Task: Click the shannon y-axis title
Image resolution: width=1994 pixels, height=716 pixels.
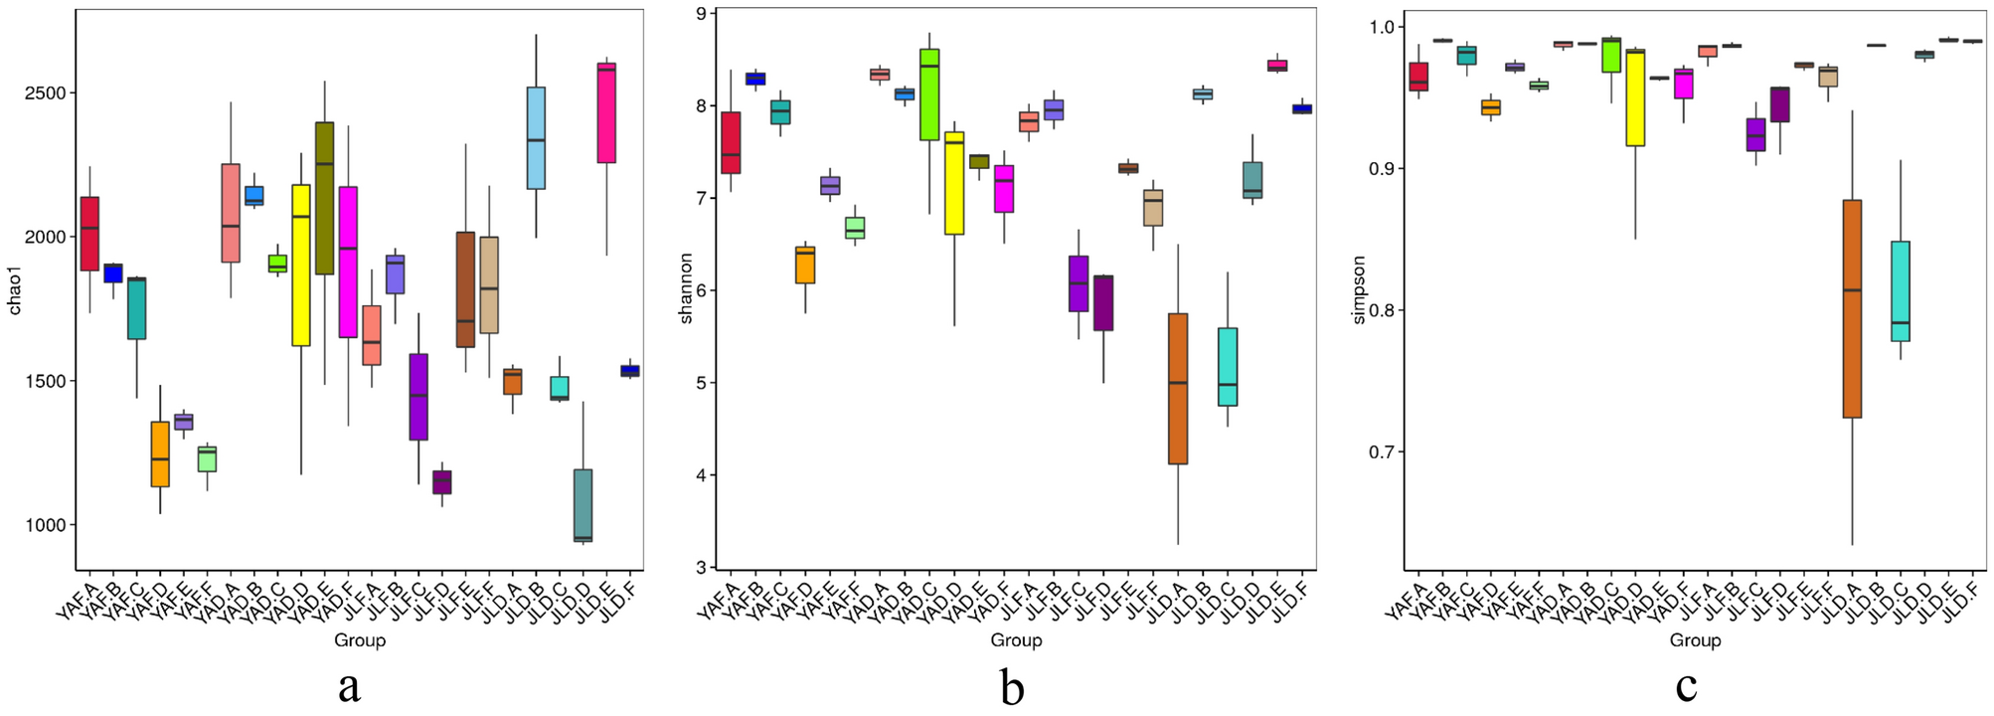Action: (686, 288)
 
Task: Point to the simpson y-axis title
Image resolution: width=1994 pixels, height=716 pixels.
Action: (1359, 290)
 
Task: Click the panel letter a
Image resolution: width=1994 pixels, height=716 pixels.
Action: (349, 686)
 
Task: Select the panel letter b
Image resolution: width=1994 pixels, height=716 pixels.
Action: (1012, 686)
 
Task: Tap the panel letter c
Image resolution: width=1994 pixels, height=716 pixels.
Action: (1686, 686)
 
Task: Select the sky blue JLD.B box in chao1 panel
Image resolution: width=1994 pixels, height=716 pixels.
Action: (536, 138)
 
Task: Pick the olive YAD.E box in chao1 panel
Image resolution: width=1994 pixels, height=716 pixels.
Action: (324, 198)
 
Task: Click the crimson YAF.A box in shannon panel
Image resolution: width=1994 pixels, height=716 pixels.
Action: (731, 142)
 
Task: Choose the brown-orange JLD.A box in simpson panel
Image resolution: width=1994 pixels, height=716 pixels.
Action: (1852, 308)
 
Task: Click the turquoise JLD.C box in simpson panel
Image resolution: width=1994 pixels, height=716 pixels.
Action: (1900, 291)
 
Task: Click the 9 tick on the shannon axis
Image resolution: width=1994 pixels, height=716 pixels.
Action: (702, 14)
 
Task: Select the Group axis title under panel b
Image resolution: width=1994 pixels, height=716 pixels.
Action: (1016, 640)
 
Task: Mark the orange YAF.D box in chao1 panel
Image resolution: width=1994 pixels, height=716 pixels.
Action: (160, 454)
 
